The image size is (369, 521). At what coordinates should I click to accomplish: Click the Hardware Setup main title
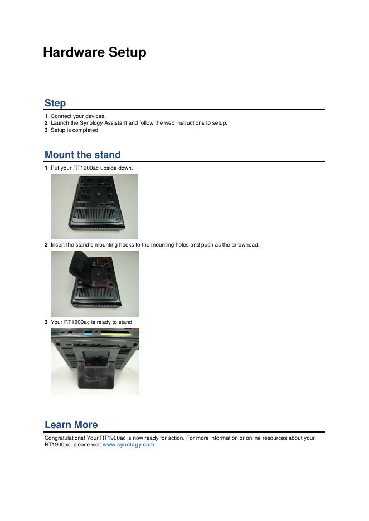[95, 52]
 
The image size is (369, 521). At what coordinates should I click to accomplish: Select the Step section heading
[55, 103]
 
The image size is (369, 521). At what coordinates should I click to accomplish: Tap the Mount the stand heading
[82, 155]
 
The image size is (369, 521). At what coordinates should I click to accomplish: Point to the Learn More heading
[71, 425]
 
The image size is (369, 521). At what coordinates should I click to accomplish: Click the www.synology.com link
[128, 445]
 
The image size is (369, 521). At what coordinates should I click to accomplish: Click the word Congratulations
[65, 438]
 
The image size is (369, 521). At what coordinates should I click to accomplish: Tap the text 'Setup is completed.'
[75, 130]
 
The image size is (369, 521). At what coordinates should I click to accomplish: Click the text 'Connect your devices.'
[78, 116]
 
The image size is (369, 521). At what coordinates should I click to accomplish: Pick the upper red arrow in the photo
[104, 262]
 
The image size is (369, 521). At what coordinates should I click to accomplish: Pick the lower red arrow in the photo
[107, 285]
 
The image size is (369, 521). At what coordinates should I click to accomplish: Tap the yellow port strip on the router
[115, 333]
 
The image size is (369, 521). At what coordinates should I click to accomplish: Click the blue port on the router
[88, 333]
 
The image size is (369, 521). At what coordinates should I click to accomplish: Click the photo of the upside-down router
[95, 206]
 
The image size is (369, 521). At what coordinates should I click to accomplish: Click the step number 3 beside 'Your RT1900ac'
[46, 322]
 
